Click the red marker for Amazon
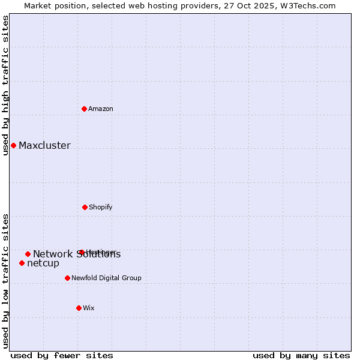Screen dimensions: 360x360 pos(84,109)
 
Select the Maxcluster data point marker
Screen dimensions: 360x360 pos(13,145)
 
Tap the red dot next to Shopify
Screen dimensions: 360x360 pos(85,207)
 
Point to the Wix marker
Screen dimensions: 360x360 pos(79,308)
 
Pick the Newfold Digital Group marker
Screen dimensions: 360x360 pos(67,278)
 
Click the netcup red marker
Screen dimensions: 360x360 pos(22,263)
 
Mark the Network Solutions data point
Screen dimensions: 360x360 pos(28,254)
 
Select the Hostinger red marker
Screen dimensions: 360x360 pos(81,252)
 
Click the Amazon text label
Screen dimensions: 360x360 pos(101,109)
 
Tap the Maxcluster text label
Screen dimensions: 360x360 pos(44,145)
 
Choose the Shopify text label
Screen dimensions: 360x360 pos(101,207)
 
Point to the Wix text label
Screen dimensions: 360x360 pos(89,308)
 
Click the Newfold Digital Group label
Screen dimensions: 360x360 pos(107,278)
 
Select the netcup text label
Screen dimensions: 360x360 pos(43,263)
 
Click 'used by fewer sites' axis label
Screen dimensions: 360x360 pos(62,355)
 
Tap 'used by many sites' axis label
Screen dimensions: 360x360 pos(301,355)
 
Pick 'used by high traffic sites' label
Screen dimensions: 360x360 pos(5,85)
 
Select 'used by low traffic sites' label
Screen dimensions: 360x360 pos(5,280)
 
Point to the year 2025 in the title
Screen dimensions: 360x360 pos(264,5)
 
